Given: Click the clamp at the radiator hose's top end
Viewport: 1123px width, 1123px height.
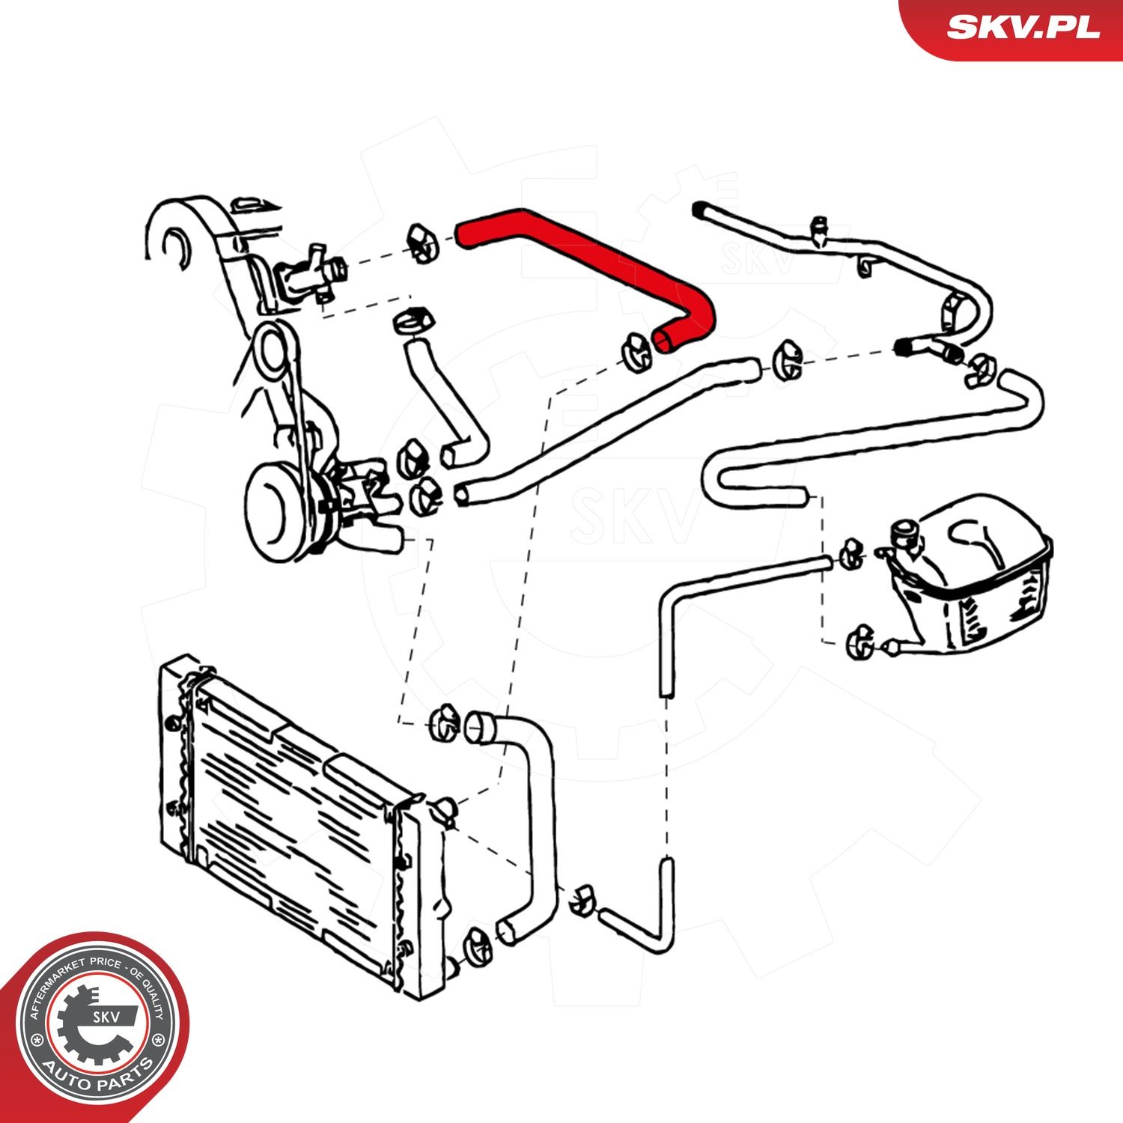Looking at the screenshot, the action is (x=445, y=723).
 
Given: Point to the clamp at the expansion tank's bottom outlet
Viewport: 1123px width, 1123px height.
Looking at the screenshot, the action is (x=858, y=642).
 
